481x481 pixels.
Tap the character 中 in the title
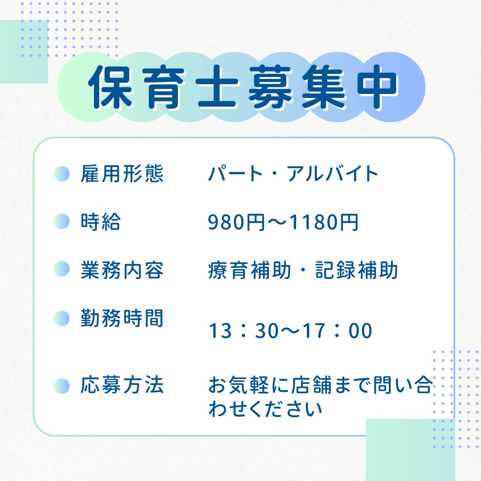tap(377, 87)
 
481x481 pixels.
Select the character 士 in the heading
tap(217, 87)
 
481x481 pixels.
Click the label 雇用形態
tap(122, 174)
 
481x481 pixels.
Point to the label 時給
tap(101, 221)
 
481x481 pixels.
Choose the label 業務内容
tap(122, 270)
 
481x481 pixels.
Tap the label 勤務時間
tap(122, 318)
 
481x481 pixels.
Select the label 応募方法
tap(122, 385)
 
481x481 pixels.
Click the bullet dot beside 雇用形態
tap(61, 174)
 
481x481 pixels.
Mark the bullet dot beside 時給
tap(61, 221)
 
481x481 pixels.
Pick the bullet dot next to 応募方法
tap(61, 386)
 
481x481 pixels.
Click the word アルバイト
tap(333, 174)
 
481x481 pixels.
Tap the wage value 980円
tap(236, 222)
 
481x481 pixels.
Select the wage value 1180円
tap(324, 222)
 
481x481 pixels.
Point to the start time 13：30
tap(244, 330)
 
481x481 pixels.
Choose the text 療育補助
tap(249, 270)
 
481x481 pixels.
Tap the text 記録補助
tap(356, 270)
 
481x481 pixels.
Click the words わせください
tap(265, 409)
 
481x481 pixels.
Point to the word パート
tap(235, 174)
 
